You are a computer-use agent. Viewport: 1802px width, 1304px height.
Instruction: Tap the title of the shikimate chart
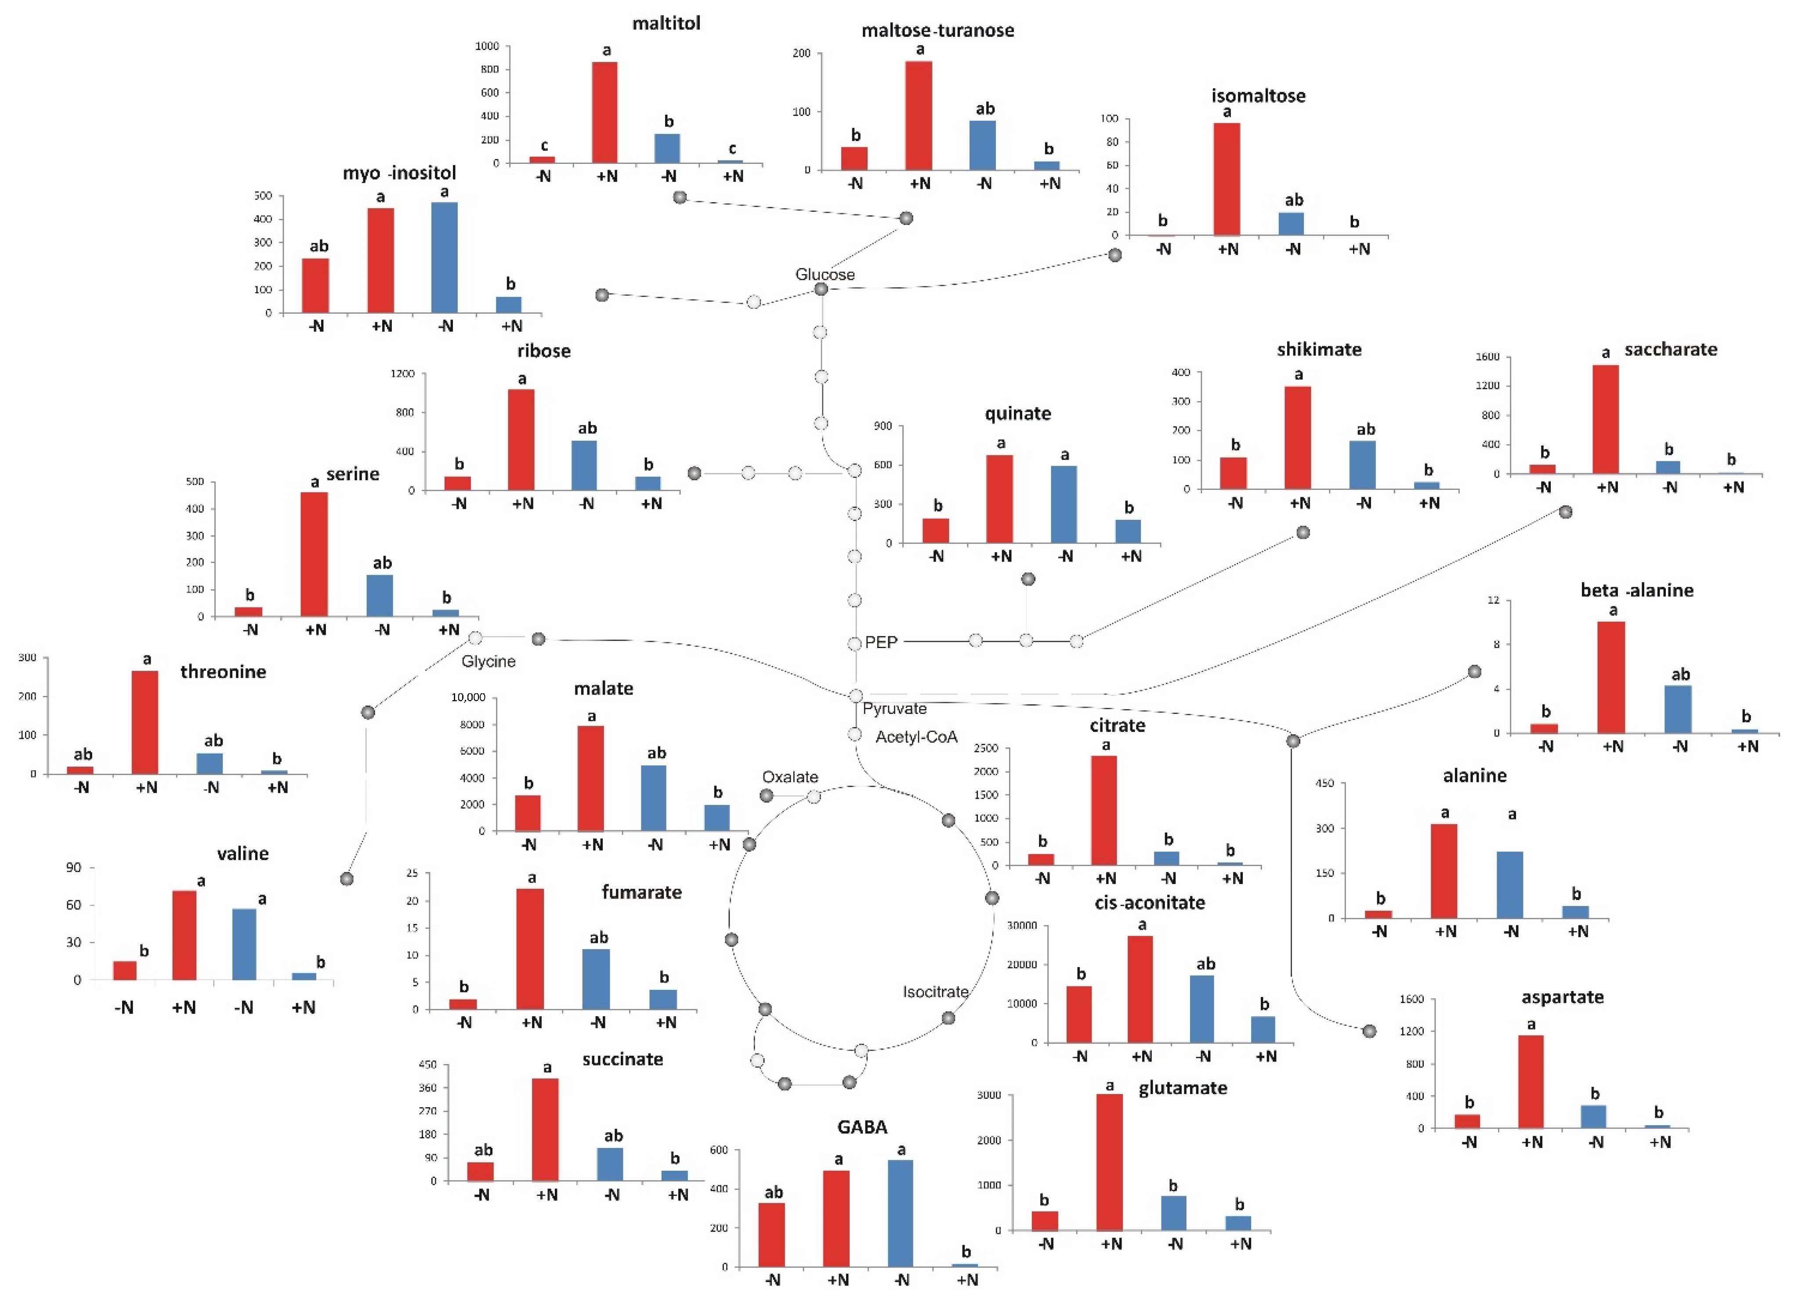(1319, 350)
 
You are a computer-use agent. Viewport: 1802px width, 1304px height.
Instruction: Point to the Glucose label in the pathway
(825, 274)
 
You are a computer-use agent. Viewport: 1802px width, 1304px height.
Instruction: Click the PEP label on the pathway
(881, 642)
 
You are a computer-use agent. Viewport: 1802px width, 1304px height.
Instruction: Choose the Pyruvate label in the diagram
(895, 709)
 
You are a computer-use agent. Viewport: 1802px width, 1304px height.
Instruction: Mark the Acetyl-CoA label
(916, 737)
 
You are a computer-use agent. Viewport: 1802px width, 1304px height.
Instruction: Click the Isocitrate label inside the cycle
(935, 992)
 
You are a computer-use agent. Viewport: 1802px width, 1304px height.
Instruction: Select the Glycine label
(488, 661)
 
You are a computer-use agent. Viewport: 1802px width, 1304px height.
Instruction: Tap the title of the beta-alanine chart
(1637, 590)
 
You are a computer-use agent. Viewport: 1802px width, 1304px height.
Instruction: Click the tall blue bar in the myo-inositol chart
(444, 257)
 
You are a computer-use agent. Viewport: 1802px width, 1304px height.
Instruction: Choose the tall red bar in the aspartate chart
(1530, 1082)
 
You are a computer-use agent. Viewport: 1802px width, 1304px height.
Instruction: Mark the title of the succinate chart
(622, 1059)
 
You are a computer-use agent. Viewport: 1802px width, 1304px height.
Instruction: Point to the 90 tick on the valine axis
(73, 868)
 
